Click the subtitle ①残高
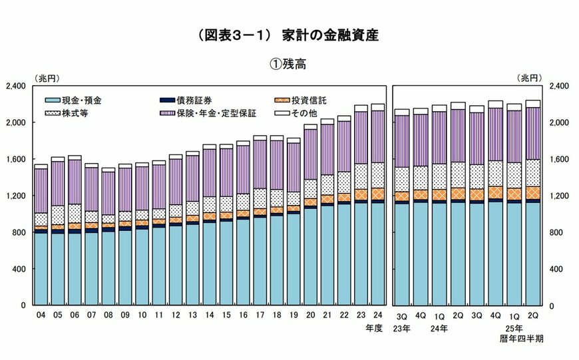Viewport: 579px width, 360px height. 290,65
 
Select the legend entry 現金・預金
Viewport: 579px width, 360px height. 84,100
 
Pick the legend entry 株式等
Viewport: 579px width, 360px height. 75,113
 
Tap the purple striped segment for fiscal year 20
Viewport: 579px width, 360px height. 310,154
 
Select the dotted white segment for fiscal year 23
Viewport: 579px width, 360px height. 361,176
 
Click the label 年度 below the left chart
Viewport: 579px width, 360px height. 375,328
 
